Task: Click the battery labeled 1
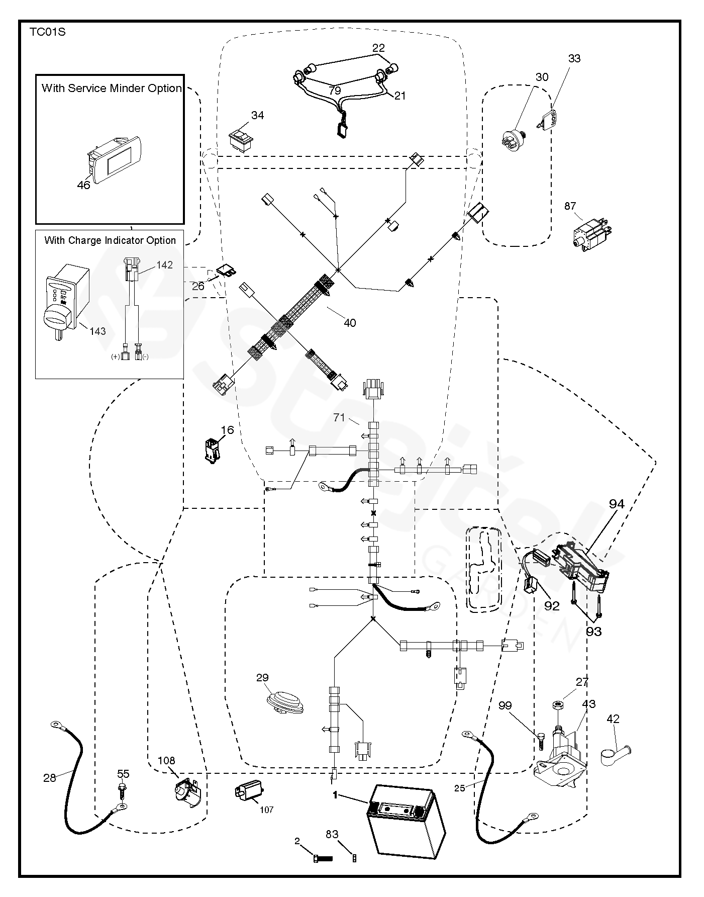(406, 825)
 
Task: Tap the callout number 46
(83, 185)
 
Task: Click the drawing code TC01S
(47, 33)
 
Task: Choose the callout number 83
(332, 834)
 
